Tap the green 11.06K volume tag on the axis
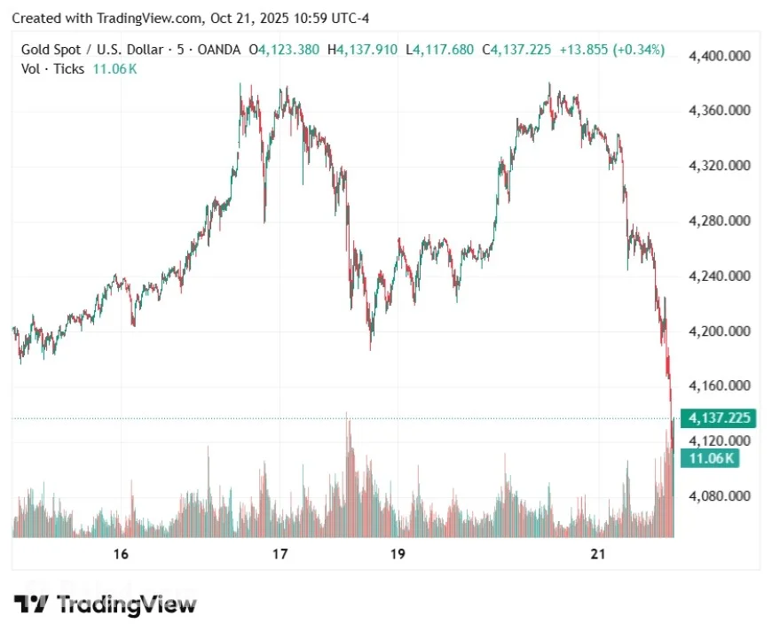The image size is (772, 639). tap(709, 458)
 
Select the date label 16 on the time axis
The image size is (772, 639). tap(122, 555)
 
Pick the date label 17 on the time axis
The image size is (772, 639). tap(280, 555)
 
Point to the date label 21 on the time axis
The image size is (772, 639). tap(597, 555)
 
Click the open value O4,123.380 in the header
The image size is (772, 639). tap(284, 50)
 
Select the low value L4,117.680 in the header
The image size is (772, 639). tap(440, 50)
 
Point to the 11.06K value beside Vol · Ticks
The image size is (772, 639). tap(115, 68)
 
